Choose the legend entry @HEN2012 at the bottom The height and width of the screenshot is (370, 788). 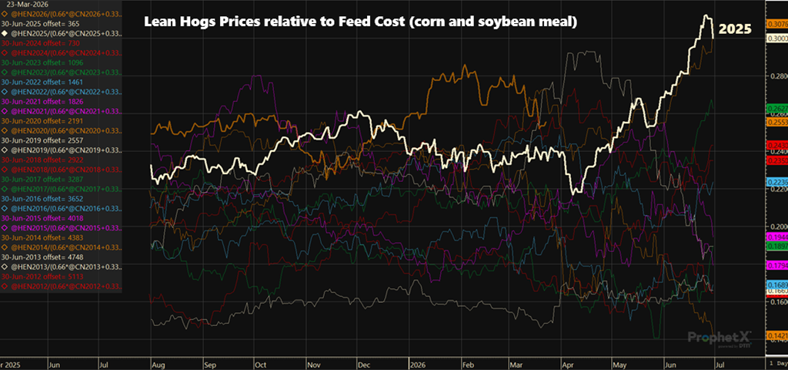coord(62,285)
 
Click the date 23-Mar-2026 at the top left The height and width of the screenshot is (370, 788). coord(25,4)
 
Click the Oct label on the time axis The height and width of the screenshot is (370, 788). coord(260,362)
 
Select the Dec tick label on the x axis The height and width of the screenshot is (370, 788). coord(363,362)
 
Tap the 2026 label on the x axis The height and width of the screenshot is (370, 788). coord(417,362)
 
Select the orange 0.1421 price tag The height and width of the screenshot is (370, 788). coord(776,336)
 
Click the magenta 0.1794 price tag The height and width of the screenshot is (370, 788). coord(776,265)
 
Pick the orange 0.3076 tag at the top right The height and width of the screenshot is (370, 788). coord(776,25)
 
